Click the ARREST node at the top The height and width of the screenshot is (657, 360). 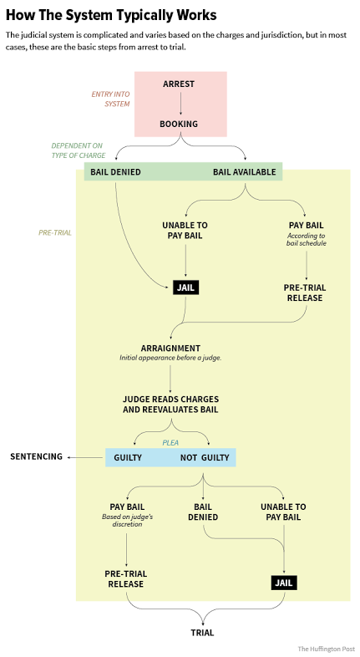[x=179, y=84]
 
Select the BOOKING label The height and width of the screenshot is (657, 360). [x=179, y=124]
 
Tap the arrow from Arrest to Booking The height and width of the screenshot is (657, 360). [x=181, y=103]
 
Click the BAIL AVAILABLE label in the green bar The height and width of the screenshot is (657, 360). [x=245, y=172]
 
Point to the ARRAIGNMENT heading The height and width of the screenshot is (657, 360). [x=170, y=349]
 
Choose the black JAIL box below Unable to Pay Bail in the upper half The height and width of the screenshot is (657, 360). [x=186, y=288]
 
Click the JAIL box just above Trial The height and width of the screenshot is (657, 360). [x=284, y=583]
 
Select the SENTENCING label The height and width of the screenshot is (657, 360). [x=36, y=456]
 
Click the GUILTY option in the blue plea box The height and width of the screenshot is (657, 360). [x=128, y=457]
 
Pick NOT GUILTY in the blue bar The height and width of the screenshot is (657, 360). [x=205, y=457]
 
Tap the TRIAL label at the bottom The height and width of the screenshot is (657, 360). [x=203, y=633]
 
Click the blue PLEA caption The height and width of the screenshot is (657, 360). [x=170, y=442]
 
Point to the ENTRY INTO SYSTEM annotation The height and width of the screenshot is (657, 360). [x=111, y=99]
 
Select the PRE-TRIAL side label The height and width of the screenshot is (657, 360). [x=55, y=232]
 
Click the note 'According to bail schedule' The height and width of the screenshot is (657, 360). [x=307, y=240]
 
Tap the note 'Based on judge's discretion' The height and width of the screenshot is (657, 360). [x=127, y=521]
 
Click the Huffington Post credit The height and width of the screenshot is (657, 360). [x=326, y=649]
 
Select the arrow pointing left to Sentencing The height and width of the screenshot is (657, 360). [x=85, y=457]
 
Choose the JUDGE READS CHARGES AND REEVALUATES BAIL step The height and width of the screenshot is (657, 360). [x=170, y=405]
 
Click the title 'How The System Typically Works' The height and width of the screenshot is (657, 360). [x=111, y=15]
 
